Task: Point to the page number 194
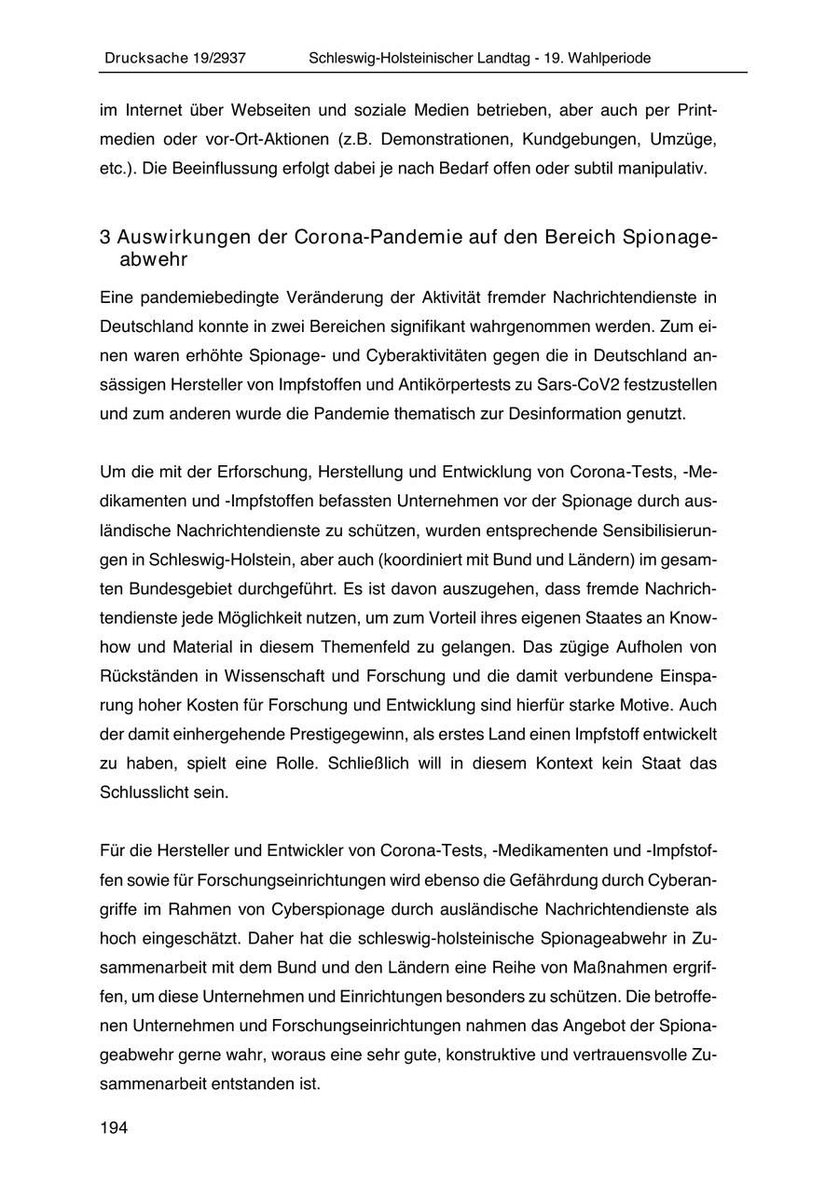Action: click(114, 1128)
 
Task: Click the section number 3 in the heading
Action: click(105, 237)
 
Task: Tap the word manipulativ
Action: click(665, 169)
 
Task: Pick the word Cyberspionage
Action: click(322, 909)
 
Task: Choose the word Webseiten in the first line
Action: click(275, 110)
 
